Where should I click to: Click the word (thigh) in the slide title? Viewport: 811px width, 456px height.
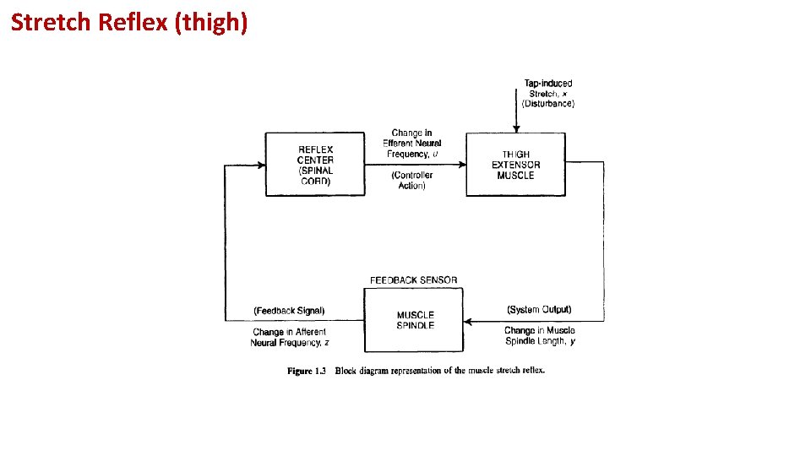pos(210,23)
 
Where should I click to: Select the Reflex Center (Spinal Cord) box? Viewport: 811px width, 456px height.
pos(315,164)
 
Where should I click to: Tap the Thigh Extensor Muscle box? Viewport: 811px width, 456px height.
pos(515,164)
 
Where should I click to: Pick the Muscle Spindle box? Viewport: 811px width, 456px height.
pos(414,320)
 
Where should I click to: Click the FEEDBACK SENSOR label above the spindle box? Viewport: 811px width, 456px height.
pos(413,280)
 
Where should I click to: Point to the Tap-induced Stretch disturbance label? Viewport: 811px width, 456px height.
pos(547,94)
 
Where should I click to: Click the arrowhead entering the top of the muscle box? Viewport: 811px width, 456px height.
pos(515,128)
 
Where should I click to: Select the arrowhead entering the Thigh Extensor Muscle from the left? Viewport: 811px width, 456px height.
pos(462,164)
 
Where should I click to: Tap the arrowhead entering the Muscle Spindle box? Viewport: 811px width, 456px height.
pos(468,321)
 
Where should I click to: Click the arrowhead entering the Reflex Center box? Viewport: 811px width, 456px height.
pos(261,164)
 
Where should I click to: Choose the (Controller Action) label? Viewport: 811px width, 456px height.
pos(411,181)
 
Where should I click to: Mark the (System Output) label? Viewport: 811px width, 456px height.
pos(539,310)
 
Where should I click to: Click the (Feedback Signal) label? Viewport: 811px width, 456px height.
pos(289,311)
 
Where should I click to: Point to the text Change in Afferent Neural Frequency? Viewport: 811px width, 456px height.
pos(289,338)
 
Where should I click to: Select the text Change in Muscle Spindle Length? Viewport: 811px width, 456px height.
pos(539,336)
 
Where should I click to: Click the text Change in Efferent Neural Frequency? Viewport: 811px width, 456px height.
pos(411,144)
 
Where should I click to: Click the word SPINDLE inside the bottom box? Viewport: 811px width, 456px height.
pos(415,326)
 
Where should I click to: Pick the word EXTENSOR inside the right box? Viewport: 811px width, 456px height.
pos(515,165)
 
